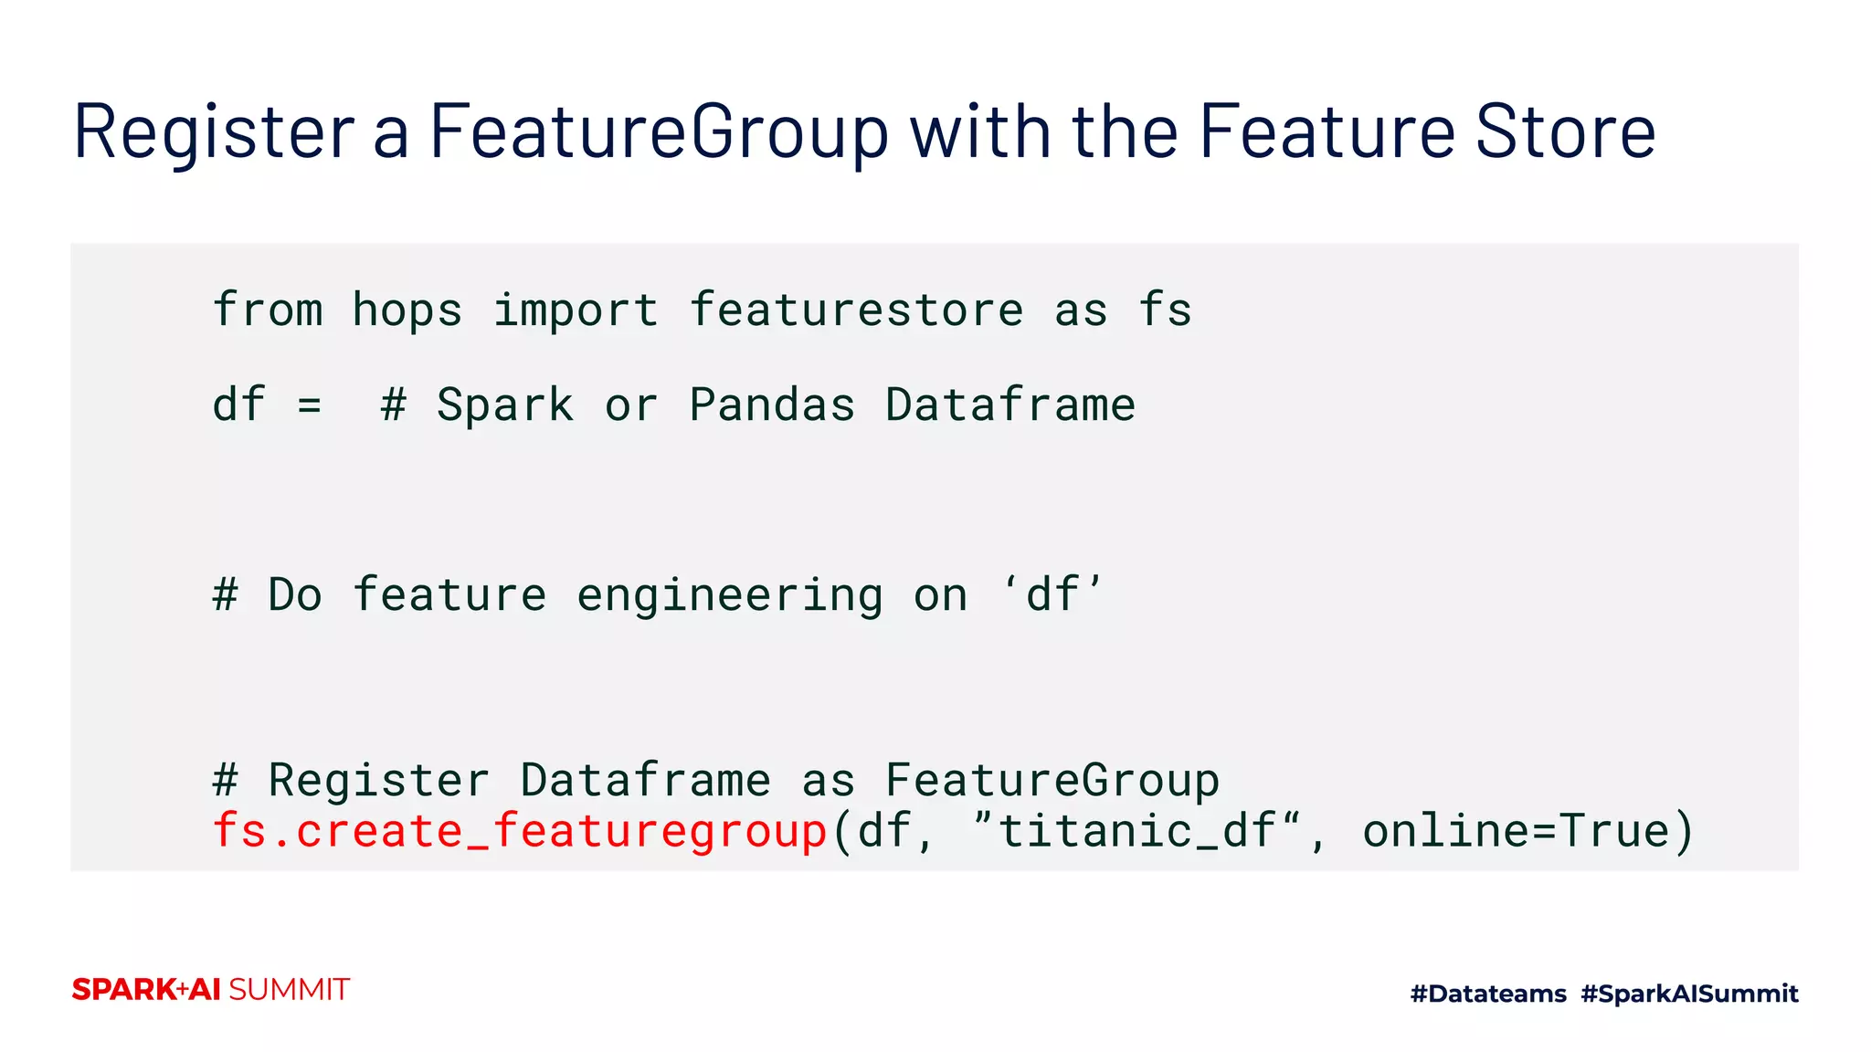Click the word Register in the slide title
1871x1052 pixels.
coord(213,133)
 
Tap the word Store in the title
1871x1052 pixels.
coord(1565,133)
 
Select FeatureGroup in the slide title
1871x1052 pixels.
coord(658,133)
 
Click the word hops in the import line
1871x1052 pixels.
coord(407,310)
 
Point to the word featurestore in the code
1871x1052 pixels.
coord(856,310)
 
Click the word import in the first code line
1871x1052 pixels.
coord(576,310)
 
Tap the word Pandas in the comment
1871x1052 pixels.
coord(772,405)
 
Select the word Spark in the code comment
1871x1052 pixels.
coord(505,405)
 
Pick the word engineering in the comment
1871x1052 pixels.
coord(730,595)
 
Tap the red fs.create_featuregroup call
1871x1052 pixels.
coord(519,832)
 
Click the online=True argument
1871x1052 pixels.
coord(1516,832)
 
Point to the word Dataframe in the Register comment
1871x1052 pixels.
coord(645,781)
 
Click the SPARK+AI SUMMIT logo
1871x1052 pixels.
coord(210,990)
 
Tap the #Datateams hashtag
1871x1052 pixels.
coord(1488,994)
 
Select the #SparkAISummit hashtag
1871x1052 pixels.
coord(1689,994)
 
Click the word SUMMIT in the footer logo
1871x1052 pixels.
coord(289,990)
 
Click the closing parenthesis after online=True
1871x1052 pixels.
coord(1684,832)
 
